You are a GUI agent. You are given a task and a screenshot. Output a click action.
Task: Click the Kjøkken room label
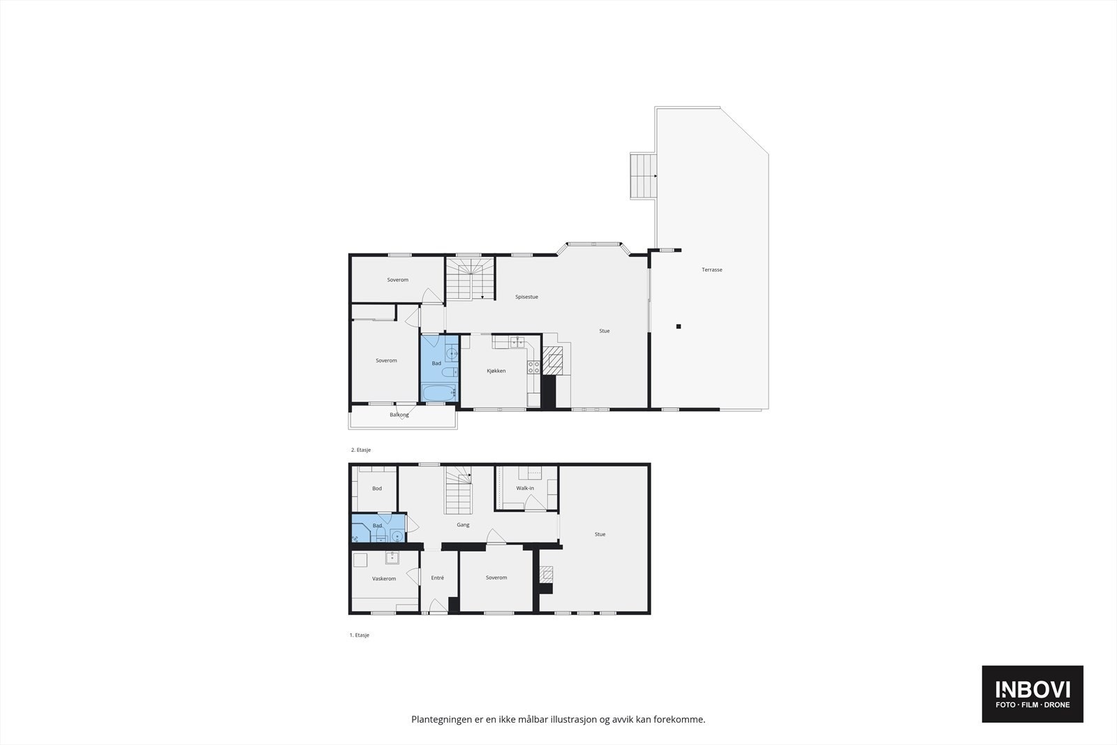[x=496, y=371]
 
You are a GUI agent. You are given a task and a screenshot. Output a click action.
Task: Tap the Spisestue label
[x=526, y=297]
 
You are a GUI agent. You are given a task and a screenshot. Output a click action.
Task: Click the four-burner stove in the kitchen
[x=533, y=367]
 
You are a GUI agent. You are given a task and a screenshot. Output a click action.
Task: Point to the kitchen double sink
[x=517, y=341]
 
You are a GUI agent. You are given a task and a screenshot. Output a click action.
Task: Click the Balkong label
[x=399, y=415]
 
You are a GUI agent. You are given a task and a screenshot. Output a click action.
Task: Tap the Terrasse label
[x=712, y=270]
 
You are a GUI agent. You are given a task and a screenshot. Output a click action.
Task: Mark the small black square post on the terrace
[x=678, y=326]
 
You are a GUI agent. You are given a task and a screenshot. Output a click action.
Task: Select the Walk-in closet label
[x=525, y=488]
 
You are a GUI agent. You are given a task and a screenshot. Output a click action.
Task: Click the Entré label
[x=438, y=577]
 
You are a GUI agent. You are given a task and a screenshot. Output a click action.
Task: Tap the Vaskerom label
[x=384, y=579]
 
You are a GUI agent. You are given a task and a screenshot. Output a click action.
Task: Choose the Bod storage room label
[x=377, y=489]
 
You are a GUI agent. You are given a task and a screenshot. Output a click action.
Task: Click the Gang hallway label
[x=463, y=525]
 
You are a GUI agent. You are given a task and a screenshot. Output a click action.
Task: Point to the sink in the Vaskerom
[x=392, y=557]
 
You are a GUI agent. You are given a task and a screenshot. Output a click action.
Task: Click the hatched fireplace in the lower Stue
[x=546, y=574]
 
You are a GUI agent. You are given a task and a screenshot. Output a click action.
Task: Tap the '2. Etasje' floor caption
[x=360, y=450]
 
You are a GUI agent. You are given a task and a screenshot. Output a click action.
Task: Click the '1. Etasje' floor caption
[x=360, y=635]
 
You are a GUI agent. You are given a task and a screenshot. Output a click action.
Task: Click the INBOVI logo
[x=1033, y=694]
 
